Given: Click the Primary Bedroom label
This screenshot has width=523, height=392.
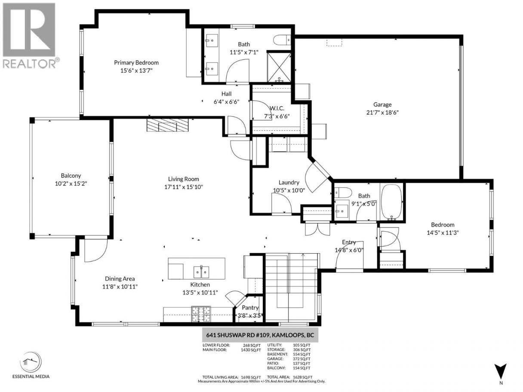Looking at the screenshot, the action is pos(136,63).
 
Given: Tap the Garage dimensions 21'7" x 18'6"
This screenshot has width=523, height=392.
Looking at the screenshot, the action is pos(382,112).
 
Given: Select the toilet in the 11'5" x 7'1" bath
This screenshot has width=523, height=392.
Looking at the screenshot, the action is pos(282,40).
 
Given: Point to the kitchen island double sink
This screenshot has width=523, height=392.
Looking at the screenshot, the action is pos(201,272).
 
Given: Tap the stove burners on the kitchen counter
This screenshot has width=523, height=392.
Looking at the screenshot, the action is pos(201,314).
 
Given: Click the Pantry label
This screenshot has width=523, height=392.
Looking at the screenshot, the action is pos(250,308).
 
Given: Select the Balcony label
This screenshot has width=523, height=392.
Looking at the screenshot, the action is pos(71,176).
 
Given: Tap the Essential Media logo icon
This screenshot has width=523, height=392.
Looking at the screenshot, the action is pos(31,362).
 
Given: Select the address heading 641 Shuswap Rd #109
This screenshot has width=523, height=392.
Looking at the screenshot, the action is pos(260,335).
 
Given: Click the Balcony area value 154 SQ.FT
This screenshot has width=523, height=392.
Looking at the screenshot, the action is pos(301,368).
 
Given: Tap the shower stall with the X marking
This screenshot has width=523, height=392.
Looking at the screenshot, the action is pos(279,67).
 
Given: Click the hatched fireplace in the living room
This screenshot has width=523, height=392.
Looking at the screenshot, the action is pos(167,125).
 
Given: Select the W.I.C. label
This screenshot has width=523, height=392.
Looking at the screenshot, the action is pos(277,109).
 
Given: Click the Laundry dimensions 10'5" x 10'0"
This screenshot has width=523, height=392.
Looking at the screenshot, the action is pos(289,190).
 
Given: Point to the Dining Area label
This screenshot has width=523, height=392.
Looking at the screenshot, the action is pos(120,279).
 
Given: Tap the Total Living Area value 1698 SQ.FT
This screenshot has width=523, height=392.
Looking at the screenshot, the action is pos(251,377).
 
